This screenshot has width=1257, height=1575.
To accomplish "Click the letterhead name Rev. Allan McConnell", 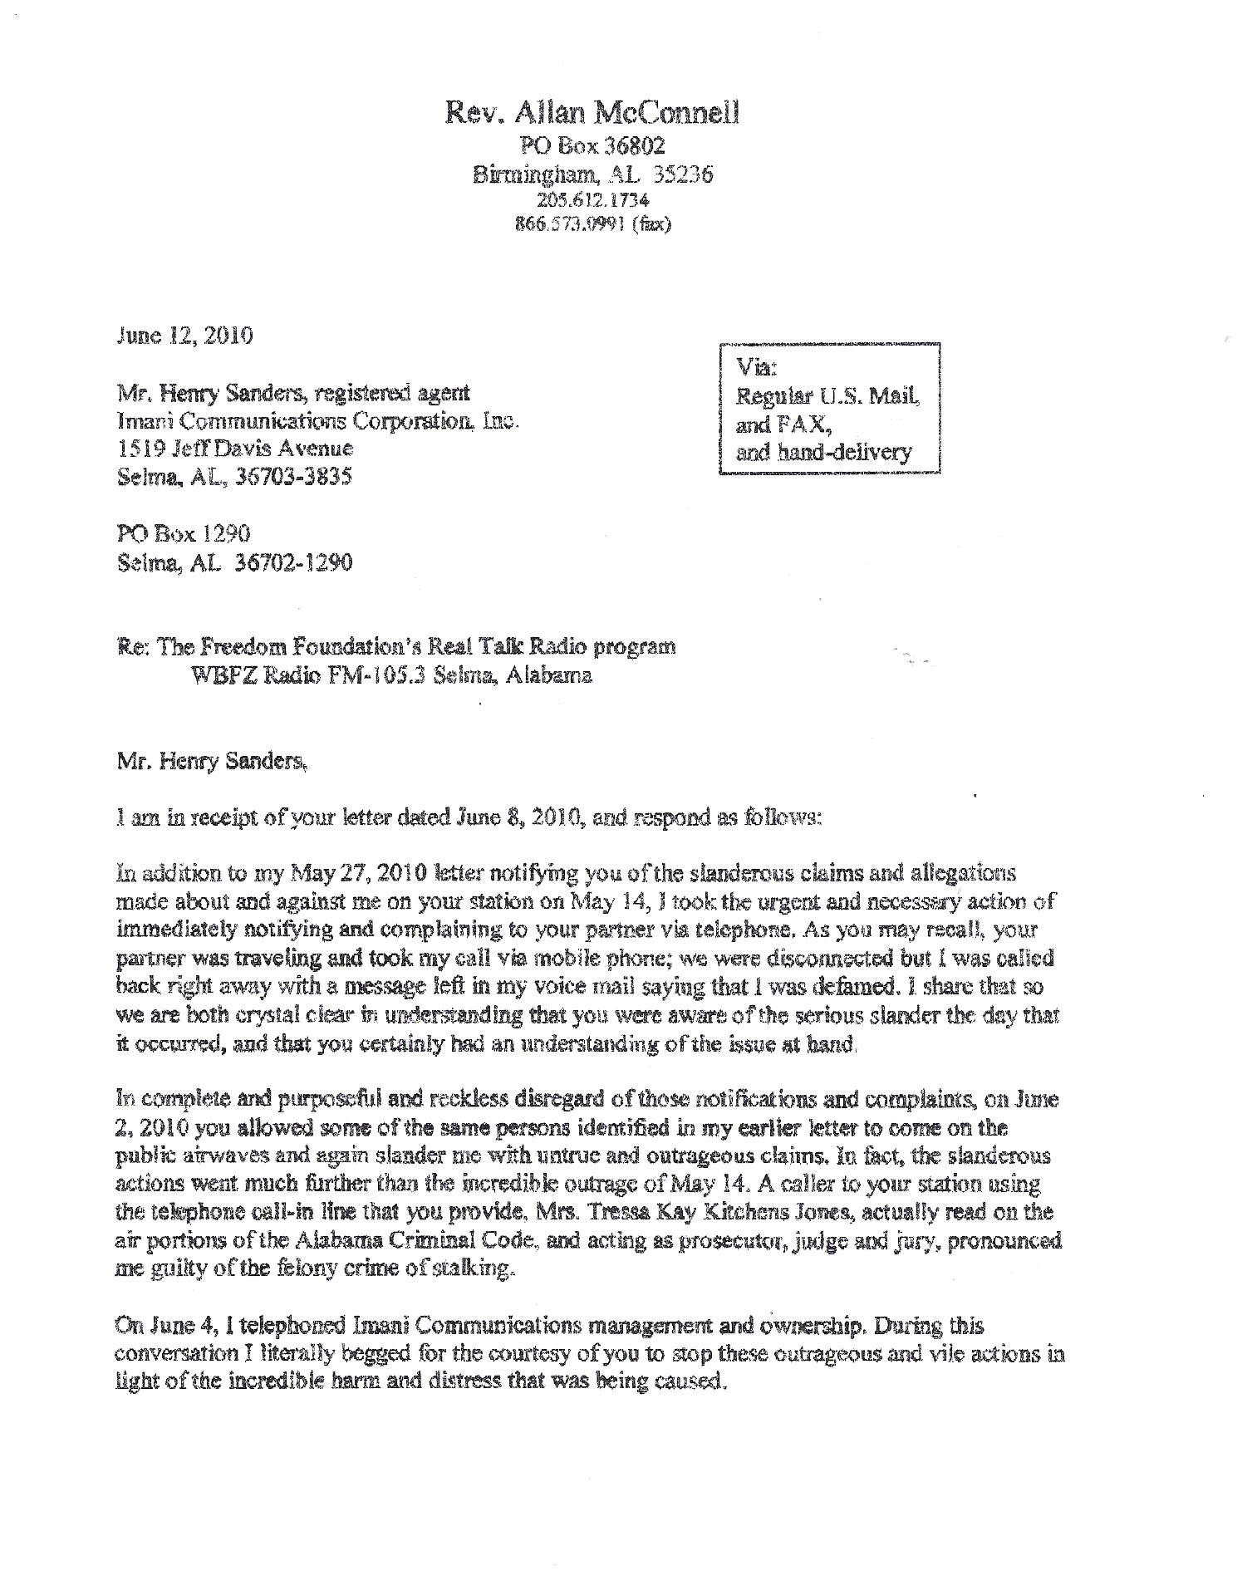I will (x=592, y=114).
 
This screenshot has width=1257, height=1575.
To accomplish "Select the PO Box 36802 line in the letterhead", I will (x=592, y=147).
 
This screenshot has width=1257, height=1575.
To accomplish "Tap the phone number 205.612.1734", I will (x=592, y=200).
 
